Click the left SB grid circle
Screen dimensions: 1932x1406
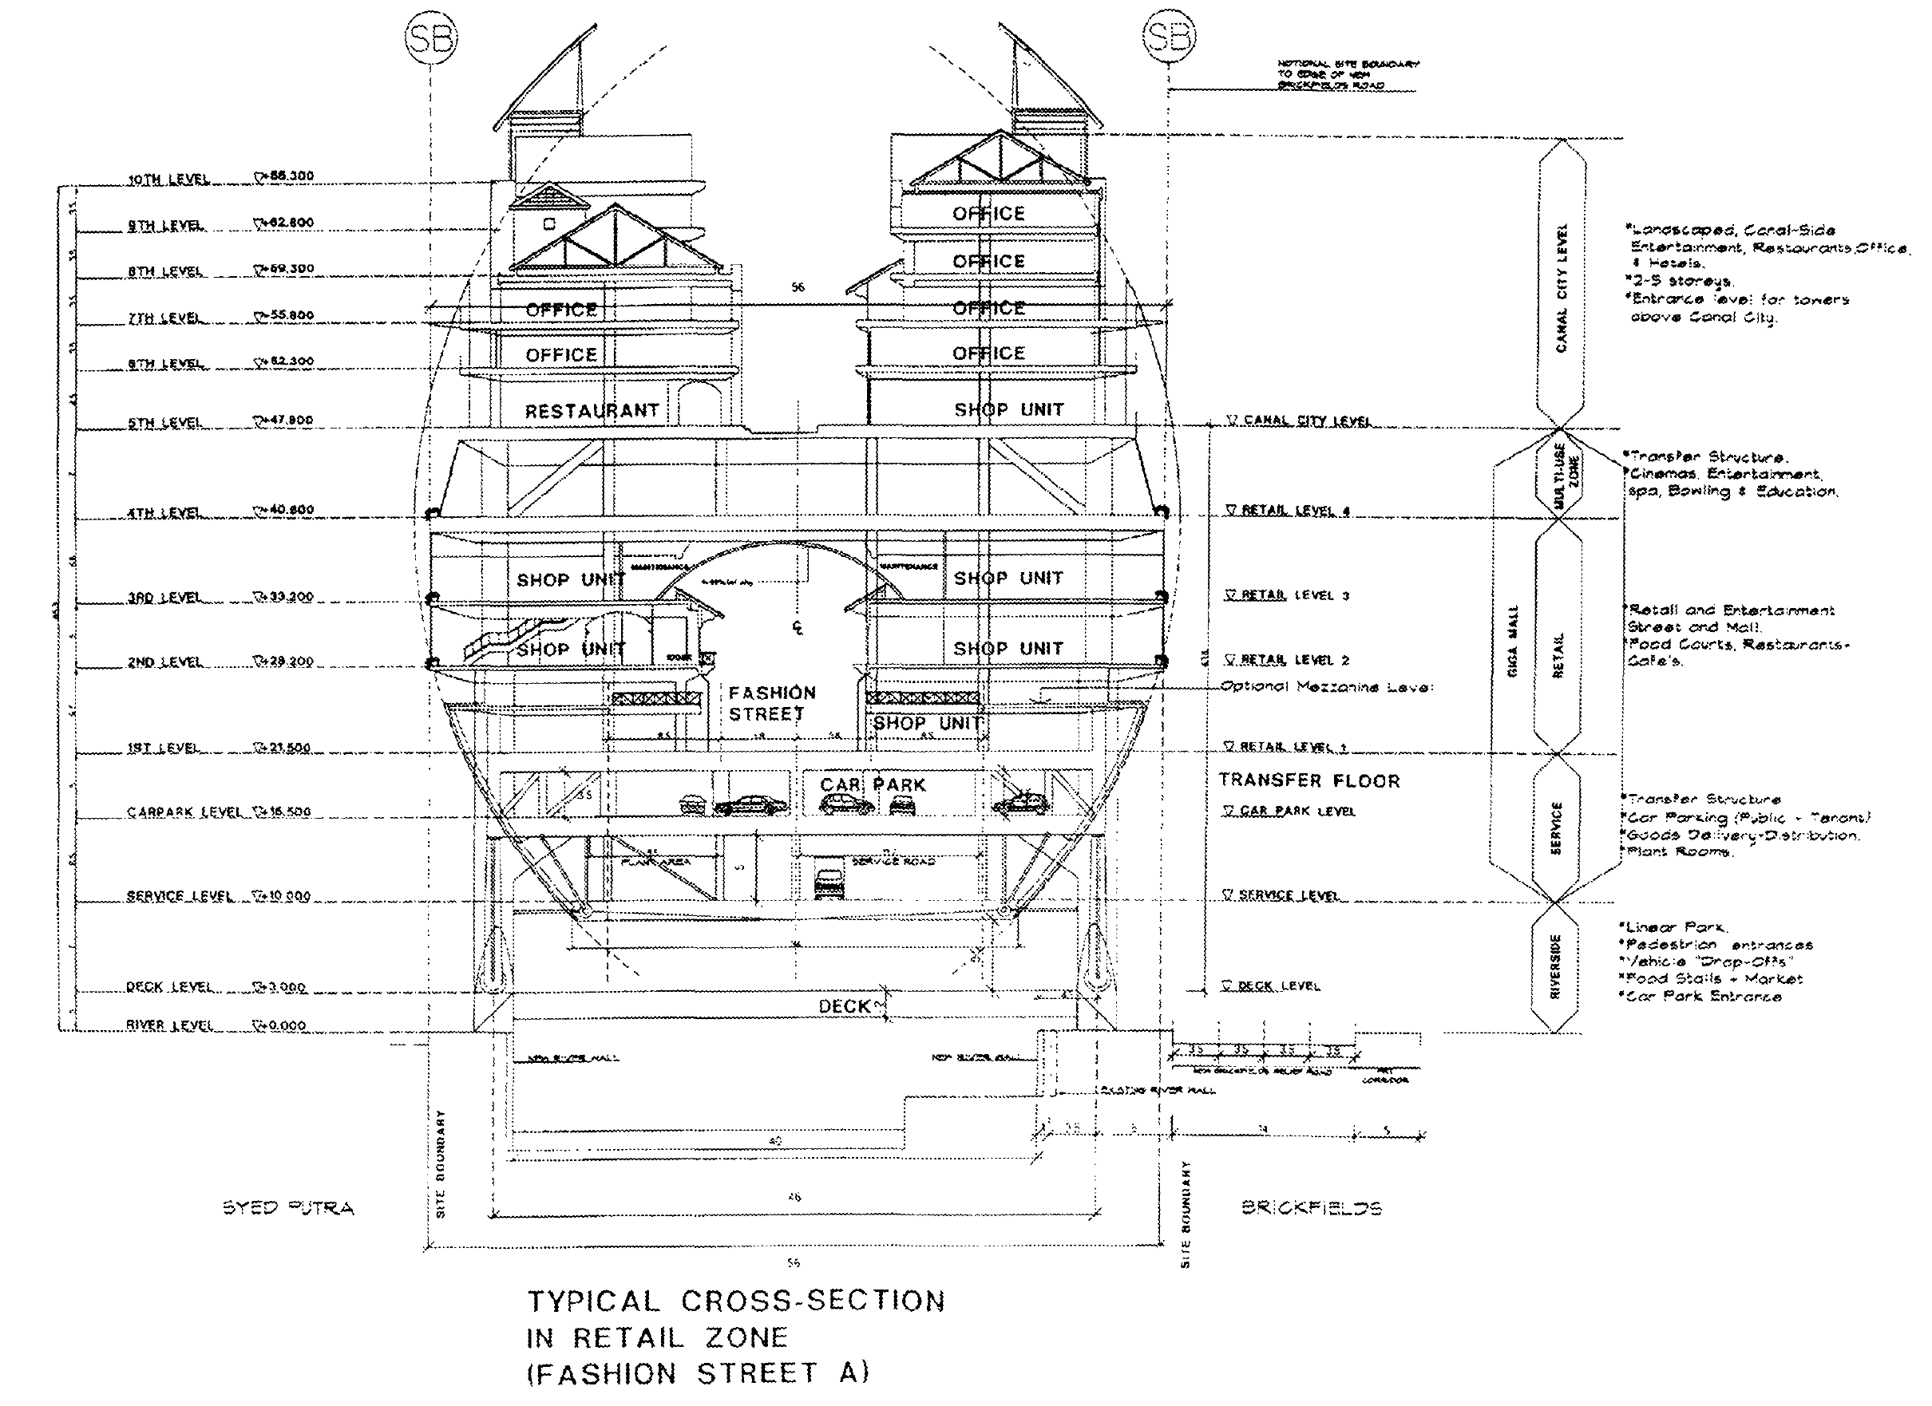coord(430,38)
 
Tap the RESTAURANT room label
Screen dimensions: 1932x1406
coord(592,411)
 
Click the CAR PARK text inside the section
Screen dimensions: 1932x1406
coord(873,785)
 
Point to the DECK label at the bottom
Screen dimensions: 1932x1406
coord(844,1006)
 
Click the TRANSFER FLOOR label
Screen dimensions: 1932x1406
coord(1308,781)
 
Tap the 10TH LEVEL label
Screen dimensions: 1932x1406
coord(168,180)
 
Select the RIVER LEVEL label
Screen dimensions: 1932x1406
coord(168,1025)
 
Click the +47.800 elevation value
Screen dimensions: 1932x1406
coord(287,421)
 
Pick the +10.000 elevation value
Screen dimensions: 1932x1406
coord(283,896)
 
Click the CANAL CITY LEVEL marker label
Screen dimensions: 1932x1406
coord(1298,421)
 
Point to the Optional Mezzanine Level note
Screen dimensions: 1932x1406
coord(1326,686)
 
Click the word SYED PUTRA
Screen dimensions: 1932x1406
coord(288,1207)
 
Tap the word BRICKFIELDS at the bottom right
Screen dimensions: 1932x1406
coord(1311,1207)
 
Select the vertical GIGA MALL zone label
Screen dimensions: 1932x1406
coord(1513,641)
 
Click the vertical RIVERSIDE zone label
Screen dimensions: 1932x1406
coord(1554,966)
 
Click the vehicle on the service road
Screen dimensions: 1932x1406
coord(828,883)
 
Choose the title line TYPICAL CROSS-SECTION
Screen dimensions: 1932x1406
coord(736,1302)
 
